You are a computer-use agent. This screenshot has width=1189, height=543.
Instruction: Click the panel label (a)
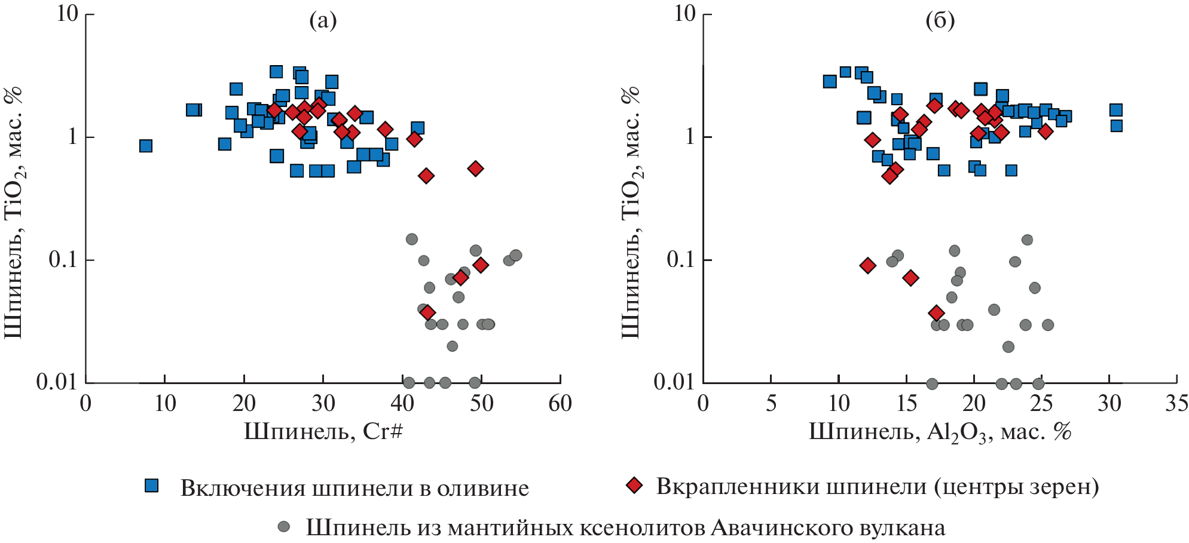tap(323, 22)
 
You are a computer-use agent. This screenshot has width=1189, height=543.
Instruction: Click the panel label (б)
tap(940, 22)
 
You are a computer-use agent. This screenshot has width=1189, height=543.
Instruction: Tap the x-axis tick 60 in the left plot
tap(560, 404)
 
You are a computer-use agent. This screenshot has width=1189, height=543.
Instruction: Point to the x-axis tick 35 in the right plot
tap(1176, 404)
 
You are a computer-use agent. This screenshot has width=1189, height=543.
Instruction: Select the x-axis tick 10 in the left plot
tap(165, 404)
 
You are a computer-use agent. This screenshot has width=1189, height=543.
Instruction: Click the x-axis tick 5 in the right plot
tap(771, 404)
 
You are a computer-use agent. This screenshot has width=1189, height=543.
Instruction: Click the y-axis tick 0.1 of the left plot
tap(63, 260)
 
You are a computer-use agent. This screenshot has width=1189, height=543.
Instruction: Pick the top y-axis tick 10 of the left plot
tap(68, 13)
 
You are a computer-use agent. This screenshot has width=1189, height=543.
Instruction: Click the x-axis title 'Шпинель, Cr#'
tap(323, 431)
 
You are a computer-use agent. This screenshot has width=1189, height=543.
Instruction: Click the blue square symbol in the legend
tap(152, 486)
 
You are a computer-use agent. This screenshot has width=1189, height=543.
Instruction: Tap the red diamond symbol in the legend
tap(634, 486)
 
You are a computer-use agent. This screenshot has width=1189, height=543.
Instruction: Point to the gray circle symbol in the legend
tap(284, 526)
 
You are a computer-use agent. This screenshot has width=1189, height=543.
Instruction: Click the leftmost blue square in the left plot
tap(145, 146)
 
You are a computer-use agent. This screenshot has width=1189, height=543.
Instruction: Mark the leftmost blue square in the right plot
tap(830, 81)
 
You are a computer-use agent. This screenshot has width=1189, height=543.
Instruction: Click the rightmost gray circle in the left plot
tap(516, 255)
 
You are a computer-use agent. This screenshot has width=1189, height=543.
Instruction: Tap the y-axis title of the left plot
tap(13, 212)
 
